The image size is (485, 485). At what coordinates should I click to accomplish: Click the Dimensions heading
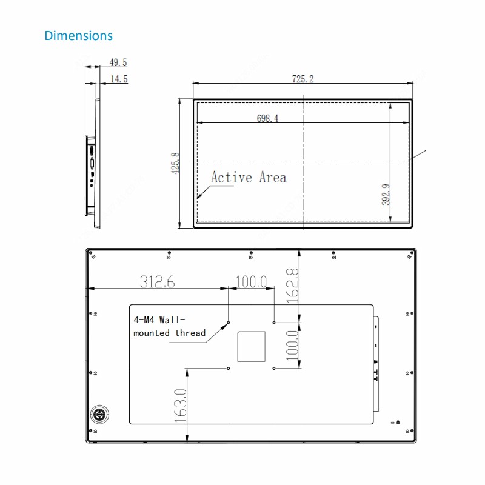pyautogui.click(x=78, y=36)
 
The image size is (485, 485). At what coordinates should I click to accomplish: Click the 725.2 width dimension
pyautogui.click(x=303, y=79)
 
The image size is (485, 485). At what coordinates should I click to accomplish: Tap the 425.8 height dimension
pyautogui.click(x=176, y=163)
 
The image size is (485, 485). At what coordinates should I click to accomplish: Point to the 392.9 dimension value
pyautogui.click(x=386, y=194)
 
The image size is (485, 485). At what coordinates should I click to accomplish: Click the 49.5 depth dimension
pyautogui.click(x=118, y=62)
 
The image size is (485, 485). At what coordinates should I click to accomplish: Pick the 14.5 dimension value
pyautogui.click(x=119, y=79)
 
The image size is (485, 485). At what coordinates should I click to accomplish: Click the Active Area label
pyautogui.click(x=248, y=177)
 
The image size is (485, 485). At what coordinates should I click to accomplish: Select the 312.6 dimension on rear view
pyautogui.click(x=158, y=281)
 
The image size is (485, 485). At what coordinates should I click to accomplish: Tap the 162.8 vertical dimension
pyautogui.click(x=292, y=286)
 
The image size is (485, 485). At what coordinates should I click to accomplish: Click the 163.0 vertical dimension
pyautogui.click(x=180, y=406)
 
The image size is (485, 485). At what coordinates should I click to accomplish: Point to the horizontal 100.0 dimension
pyautogui.click(x=251, y=281)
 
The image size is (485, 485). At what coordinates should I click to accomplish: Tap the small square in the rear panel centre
pyautogui.click(x=251, y=346)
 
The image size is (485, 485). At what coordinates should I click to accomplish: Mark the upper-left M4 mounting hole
pyautogui.click(x=229, y=323)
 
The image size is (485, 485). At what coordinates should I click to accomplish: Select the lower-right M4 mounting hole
pyautogui.click(x=274, y=368)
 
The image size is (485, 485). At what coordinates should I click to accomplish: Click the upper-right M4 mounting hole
pyautogui.click(x=274, y=323)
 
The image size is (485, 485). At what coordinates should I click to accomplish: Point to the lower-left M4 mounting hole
pyautogui.click(x=229, y=368)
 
